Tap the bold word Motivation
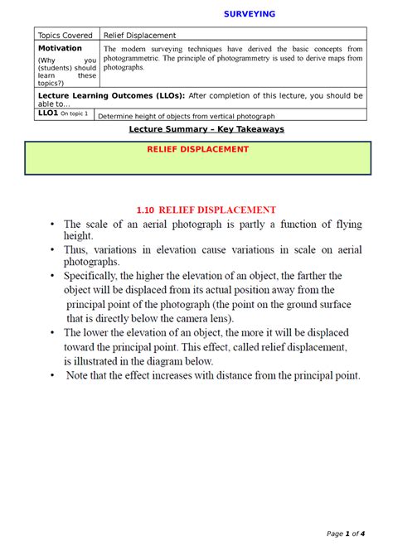(60, 48)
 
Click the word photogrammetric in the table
(136, 59)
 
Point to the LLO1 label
(48, 113)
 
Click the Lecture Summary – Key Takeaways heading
(206, 129)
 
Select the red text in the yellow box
(210, 149)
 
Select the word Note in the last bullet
(82, 375)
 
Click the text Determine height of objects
(149, 116)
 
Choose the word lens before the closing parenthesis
(221, 318)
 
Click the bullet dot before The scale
(51, 224)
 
